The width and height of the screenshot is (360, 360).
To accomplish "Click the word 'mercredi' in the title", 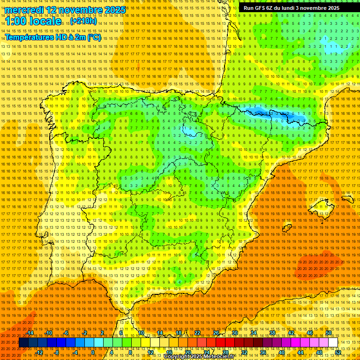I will click(x=24, y=10).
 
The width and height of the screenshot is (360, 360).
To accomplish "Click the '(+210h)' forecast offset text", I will click(x=84, y=21).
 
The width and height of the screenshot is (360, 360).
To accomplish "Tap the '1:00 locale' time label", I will click(x=33, y=21).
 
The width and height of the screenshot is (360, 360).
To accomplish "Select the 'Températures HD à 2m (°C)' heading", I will click(x=52, y=37).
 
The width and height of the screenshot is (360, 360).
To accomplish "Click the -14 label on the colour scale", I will click(x=30, y=333).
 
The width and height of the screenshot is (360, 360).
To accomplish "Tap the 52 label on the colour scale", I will click(x=338, y=352).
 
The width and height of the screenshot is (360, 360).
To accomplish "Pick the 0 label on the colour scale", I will click(x=93, y=352).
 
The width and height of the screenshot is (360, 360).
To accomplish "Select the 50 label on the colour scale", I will click(x=329, y=333).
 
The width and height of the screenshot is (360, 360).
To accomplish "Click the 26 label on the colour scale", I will click(x=216, y=333).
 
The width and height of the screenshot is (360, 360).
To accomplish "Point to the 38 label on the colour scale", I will click(x=272, y=333).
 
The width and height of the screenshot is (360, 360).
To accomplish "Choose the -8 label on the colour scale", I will click(x=57, y=352).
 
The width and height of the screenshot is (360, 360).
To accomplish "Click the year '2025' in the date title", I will click(x=115, y=10).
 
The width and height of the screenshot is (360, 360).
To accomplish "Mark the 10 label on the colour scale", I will click(x=141, y=333).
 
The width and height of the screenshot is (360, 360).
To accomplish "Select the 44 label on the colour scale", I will click(x=300, y=352).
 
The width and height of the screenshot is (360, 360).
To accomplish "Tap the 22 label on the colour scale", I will click(x=197, y=333).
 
